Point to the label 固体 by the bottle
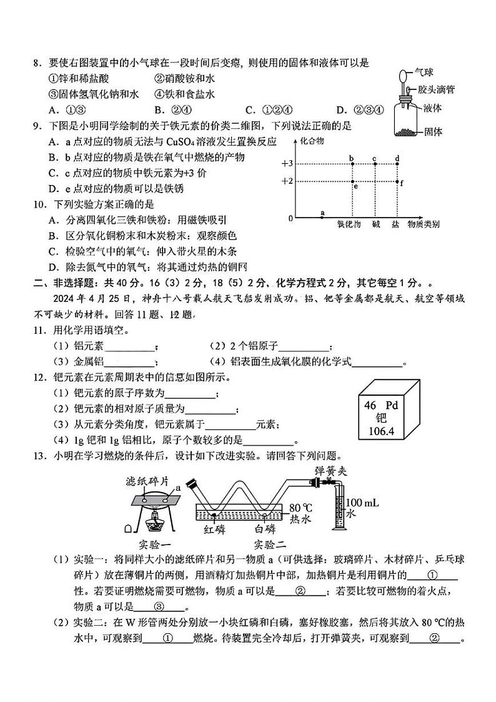(433, 132)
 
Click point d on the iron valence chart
(397, 164)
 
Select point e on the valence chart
(354, 186)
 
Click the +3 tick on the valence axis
(287, 164)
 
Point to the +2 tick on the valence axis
(287, 181)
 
